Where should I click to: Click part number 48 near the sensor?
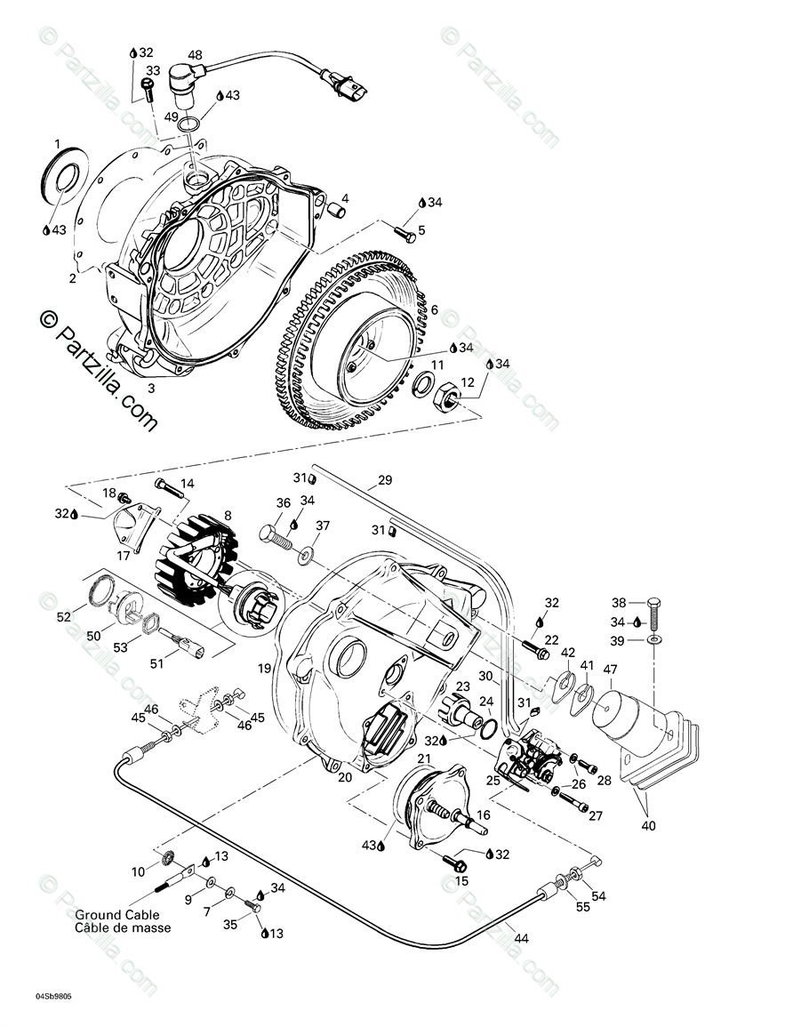[194, 55]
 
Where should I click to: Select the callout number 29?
[384, 480]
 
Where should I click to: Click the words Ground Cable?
[116, 915]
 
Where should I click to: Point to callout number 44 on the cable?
[521, 937]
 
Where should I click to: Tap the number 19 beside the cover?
[264, 668]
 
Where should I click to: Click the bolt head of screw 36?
[268, 534]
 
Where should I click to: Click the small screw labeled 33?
[147, 86]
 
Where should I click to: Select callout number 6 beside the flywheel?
[433, 309]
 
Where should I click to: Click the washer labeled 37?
[306, 557]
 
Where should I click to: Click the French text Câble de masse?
[123, 927]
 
